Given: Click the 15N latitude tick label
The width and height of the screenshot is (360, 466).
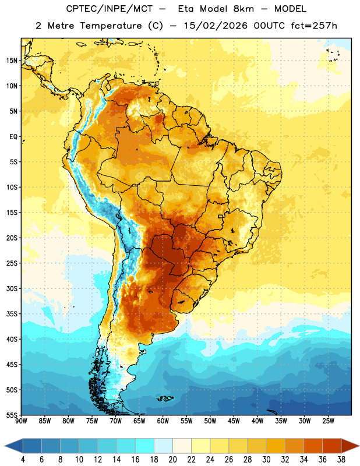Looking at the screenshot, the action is pyautogui.click(x=12, y=61).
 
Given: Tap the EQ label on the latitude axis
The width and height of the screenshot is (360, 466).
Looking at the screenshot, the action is pyautogui.click(x=13, y=137).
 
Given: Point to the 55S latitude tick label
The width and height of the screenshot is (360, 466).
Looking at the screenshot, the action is pyautogui.click(x=12, y=415).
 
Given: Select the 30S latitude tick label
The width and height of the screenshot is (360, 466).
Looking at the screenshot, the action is pyautogui.click(x=12, y=288).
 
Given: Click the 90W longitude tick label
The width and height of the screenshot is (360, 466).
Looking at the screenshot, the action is pyautogui.click(x=21, y=421).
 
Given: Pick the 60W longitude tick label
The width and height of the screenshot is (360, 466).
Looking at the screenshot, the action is pyautogui.click(x=163, y=421).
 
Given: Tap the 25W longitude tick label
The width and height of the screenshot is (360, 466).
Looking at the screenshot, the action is pyautogui.click(x=328, y=421).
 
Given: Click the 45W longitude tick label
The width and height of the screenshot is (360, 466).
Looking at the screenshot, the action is pyautogui.click(x=234, y=421).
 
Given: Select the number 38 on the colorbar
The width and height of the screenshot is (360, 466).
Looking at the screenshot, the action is pyautogui.click(x=341, y=460).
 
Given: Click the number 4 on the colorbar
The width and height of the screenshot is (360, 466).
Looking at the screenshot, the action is pyautogui.click(x=23, y=460).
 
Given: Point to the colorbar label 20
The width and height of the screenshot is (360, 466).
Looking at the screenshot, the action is pyautogui.click(x=172, y=460).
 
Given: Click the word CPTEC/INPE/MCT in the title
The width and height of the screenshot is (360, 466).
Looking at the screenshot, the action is pyautogui.click(x=110, y=9).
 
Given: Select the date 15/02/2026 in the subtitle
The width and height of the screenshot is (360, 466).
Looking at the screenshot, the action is pyautogui.click(x=216, y=26).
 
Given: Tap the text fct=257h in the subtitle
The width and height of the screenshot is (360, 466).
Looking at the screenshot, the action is pyautogui.click(x=314, y=26).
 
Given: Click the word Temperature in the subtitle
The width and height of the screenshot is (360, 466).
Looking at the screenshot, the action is pyautogui.click(x=111, y=26).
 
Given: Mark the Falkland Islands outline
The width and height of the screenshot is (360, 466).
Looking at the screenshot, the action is pyautogui.click(x=165, y=398).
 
